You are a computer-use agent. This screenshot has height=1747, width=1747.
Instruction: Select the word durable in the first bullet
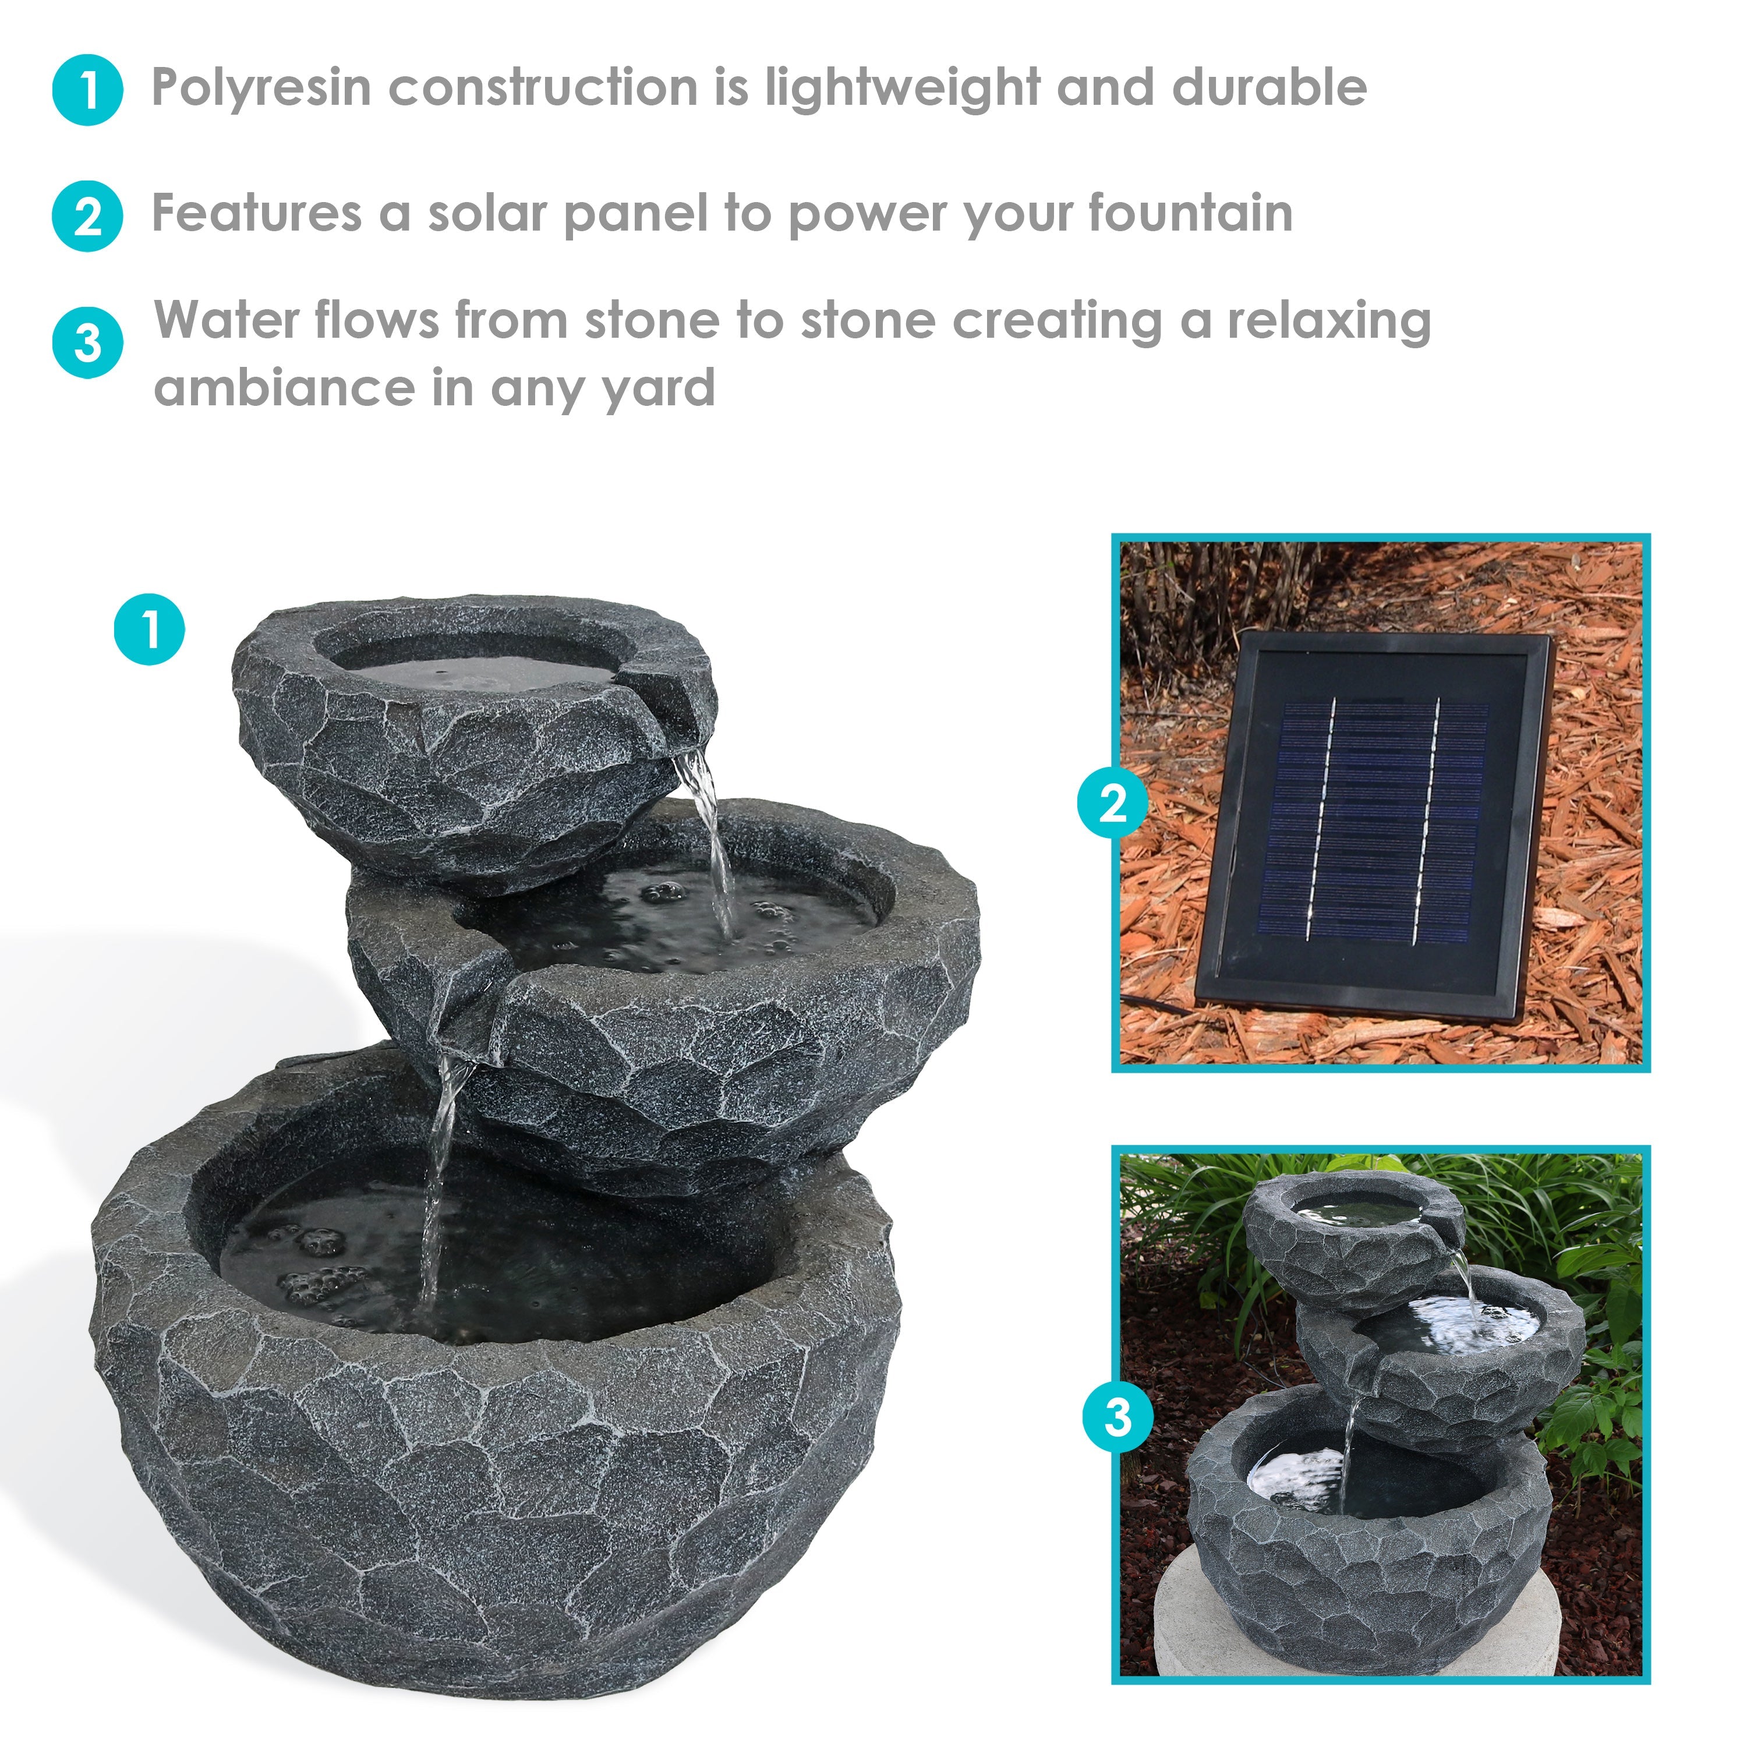coord(1269,89)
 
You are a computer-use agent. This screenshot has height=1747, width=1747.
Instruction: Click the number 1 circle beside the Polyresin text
coord(88,90)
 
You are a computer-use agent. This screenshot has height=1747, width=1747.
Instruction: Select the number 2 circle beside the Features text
coord(88,216)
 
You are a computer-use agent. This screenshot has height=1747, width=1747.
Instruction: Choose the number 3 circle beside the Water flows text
coord(88,343)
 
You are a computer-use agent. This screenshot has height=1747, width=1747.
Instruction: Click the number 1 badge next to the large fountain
coord(149,630)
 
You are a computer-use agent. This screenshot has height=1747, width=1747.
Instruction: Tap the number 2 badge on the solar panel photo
coord(1112,802)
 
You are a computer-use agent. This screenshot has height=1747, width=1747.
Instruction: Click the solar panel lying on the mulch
coord(1374,827)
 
